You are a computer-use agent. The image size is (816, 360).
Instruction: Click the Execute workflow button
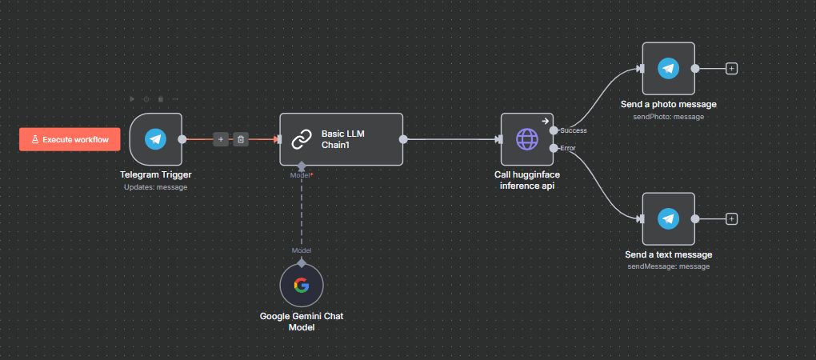[x=70, y=139]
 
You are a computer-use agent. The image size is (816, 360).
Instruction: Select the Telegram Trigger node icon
[x=156, y=139]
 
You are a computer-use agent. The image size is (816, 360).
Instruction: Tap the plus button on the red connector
[x=221, y=139]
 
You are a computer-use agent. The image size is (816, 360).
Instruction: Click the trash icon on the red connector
[x=241, y=139]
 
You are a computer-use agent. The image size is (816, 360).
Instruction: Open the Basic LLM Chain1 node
[x=341, y=139]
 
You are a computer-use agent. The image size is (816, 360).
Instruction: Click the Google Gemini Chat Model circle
[x=302, y=286]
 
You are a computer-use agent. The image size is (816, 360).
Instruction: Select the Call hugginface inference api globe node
[x=527, y=139]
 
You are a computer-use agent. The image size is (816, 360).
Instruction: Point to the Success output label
[x=574, y=130]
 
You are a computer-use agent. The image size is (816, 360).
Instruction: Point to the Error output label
[x=569, y=148]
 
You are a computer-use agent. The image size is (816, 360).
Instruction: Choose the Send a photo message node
[x=668, y=69]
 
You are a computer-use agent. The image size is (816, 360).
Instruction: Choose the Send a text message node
[x=668, y=219]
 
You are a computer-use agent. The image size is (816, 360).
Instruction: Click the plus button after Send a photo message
[x=731, y=69]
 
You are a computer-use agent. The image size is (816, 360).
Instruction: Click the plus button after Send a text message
[x=731, y=219]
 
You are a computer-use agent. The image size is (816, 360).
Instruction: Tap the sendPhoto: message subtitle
[x=668, y=117]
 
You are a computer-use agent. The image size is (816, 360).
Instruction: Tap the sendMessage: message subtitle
[x=668, y=266]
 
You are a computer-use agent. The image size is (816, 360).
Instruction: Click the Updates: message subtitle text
[x=156, y=187]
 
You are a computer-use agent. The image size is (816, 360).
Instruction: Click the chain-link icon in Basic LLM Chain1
[x=301, y=139]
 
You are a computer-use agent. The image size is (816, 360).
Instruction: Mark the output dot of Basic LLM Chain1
[x=403, y=139]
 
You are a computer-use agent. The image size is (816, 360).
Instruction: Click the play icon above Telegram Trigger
[x=133, y=99]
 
